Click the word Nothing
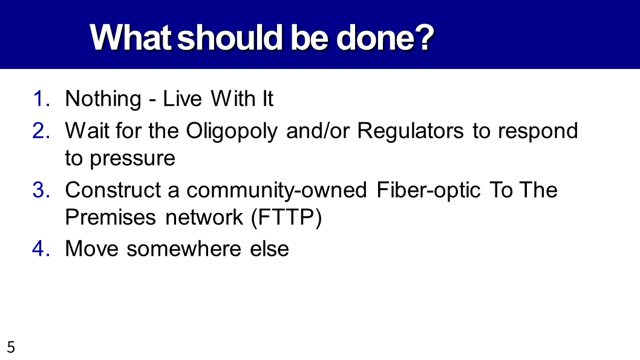tap(103, 100)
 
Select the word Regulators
tap(410, 131)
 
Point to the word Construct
tap(113, 190)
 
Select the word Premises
tap(111, 217)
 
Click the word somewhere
tap(184, 249)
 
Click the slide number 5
tap(11, 347)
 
